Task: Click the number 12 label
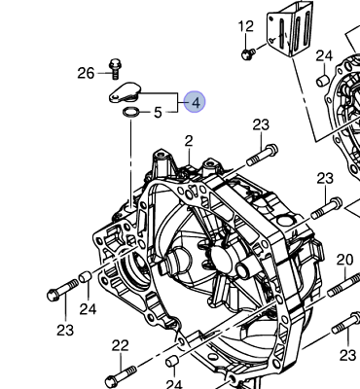(245, 26)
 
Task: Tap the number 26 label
(86, 73)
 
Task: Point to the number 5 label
(158, 113)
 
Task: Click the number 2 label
(189, 141)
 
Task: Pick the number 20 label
(344, 260)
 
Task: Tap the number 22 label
(120, 345)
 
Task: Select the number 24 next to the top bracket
(324, 55)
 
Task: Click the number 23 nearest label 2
(260, 124)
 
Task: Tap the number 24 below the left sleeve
(89, 309)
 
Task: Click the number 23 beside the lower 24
(64, 330)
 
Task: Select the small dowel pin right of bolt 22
(173, 364)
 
